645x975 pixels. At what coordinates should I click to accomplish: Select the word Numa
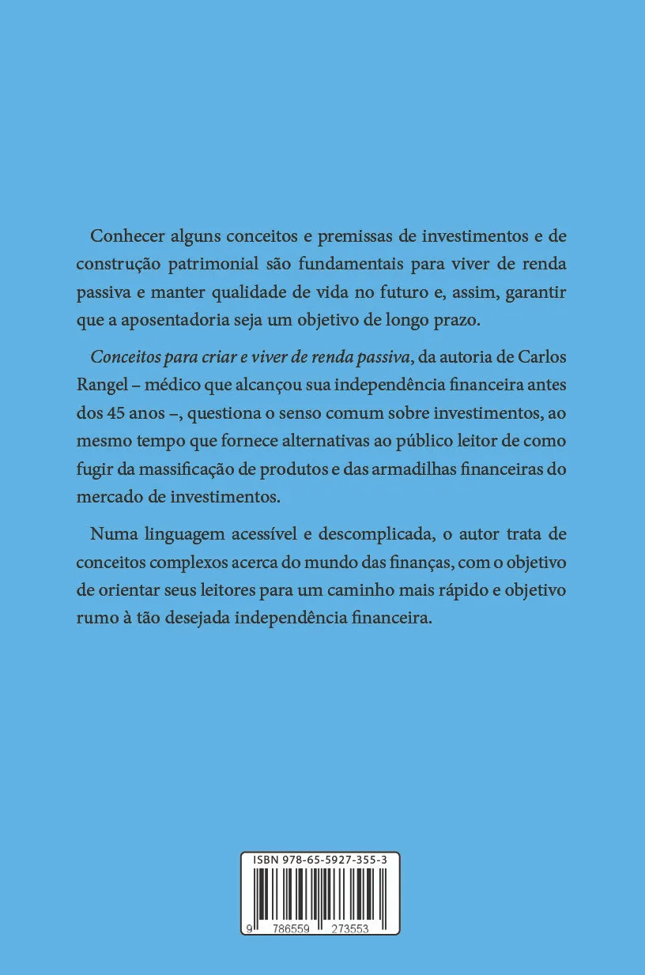[x=111, y=534]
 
